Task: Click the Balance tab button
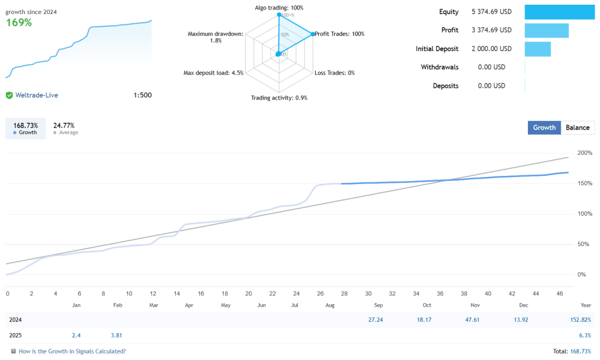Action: click(578, 128)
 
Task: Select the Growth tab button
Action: click(544, 128)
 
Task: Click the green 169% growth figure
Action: click(19, 23)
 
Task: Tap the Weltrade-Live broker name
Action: click(36, 95)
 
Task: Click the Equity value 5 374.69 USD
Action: click(492, 12)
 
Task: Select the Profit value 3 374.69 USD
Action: click(492, 30)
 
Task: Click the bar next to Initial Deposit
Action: click(537, 49)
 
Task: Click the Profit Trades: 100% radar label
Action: click(339, 34)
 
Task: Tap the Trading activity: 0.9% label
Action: click(279, 98)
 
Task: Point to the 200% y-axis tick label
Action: click(585, 153)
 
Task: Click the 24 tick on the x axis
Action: click(296, 293)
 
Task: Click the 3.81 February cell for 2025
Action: click(117, 335)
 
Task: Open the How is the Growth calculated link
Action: click(72, 351)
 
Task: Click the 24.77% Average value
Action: click(64, 125)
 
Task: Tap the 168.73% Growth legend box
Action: click(25, 128)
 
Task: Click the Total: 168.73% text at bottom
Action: click(572, 351)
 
